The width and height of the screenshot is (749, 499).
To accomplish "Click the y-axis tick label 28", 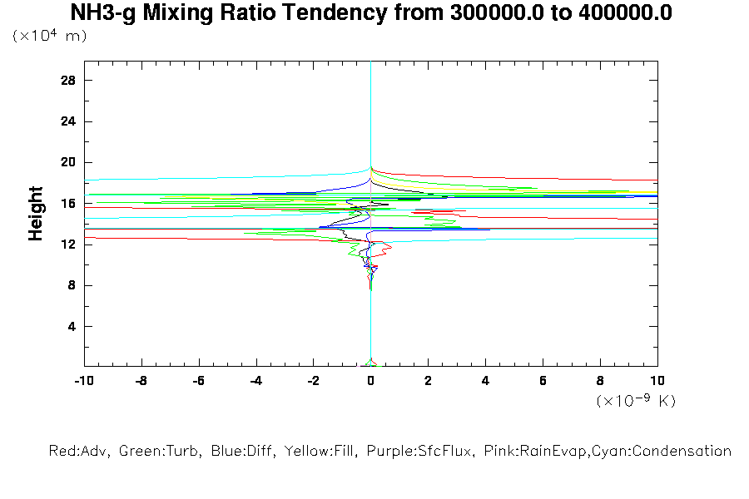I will pyautogui.click(x=68, y=80).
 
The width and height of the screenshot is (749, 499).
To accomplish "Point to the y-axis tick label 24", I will pyautogui.click(x=68, y=121).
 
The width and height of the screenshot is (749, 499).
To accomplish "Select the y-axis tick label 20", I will pyautogui.click(x=68, y=162).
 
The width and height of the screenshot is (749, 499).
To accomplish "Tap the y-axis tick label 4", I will pyautogui.click(x=72, y=326).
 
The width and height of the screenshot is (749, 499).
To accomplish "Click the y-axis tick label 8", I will pyautogui.click(x=72, y=285).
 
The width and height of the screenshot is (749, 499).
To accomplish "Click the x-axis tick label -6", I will pyautogui.click(x=198, y=380).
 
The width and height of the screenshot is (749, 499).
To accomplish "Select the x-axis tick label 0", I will pyautogui.click(x=371, y=380).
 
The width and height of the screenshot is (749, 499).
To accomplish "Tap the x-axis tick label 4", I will pyautogui.click(x=485, y=380).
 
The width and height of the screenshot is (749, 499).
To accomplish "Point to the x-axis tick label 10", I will pyautogui.click(x=657, y=380).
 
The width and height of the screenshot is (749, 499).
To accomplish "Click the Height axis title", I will pyautogui.click(x=36, y=214).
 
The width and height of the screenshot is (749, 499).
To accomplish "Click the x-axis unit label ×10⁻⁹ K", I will pyautogui.click(x=636, y=400).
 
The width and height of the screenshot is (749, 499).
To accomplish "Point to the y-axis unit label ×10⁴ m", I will pyautogui.click(x=50, y=36).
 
